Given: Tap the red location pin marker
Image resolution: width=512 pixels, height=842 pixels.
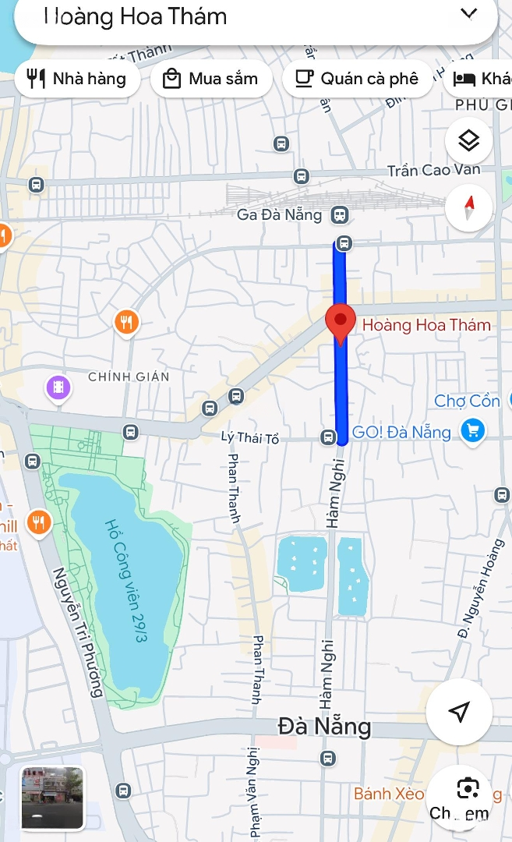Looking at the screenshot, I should (x=340, y=323).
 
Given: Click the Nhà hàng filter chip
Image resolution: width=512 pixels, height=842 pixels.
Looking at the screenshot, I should (x=76, y=79).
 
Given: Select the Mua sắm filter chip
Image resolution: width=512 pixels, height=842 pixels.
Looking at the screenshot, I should (x=210, y=79).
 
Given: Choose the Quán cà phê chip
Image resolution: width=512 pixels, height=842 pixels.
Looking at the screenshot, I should (x=358, y=79).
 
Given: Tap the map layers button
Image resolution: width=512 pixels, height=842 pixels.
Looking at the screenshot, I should (x=468, y=141).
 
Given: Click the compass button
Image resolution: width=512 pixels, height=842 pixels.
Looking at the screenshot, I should (x=468, y=208).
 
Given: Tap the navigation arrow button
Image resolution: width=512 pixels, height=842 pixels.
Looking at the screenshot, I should (x=459, y=711).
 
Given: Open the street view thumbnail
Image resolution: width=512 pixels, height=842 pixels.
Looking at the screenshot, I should (x=52, y=798).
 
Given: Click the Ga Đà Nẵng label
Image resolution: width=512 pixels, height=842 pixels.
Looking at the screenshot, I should (x=279, y=214).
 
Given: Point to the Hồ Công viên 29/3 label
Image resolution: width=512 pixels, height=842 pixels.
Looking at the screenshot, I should (x=126, y=581).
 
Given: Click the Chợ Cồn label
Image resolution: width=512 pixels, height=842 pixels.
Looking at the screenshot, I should (x=467, y=401).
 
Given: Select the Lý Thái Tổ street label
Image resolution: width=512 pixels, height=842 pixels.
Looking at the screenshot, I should (x=249, y=437).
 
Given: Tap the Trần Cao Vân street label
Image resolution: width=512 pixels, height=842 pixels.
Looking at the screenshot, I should (x=434, y=170).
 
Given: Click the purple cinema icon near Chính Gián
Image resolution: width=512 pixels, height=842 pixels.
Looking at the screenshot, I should (x=58, y=387).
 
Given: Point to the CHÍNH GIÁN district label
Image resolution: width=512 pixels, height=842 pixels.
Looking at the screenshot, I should (x=129, y=377).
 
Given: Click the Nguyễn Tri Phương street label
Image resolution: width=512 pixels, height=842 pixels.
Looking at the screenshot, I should (x=78, y=631).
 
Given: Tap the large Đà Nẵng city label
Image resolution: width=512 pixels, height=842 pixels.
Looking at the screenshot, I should (x=324, y=727).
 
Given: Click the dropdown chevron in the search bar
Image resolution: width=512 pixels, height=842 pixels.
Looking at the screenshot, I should (x=468, y=13).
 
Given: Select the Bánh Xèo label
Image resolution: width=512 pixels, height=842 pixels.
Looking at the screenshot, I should (x=388, y=794).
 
